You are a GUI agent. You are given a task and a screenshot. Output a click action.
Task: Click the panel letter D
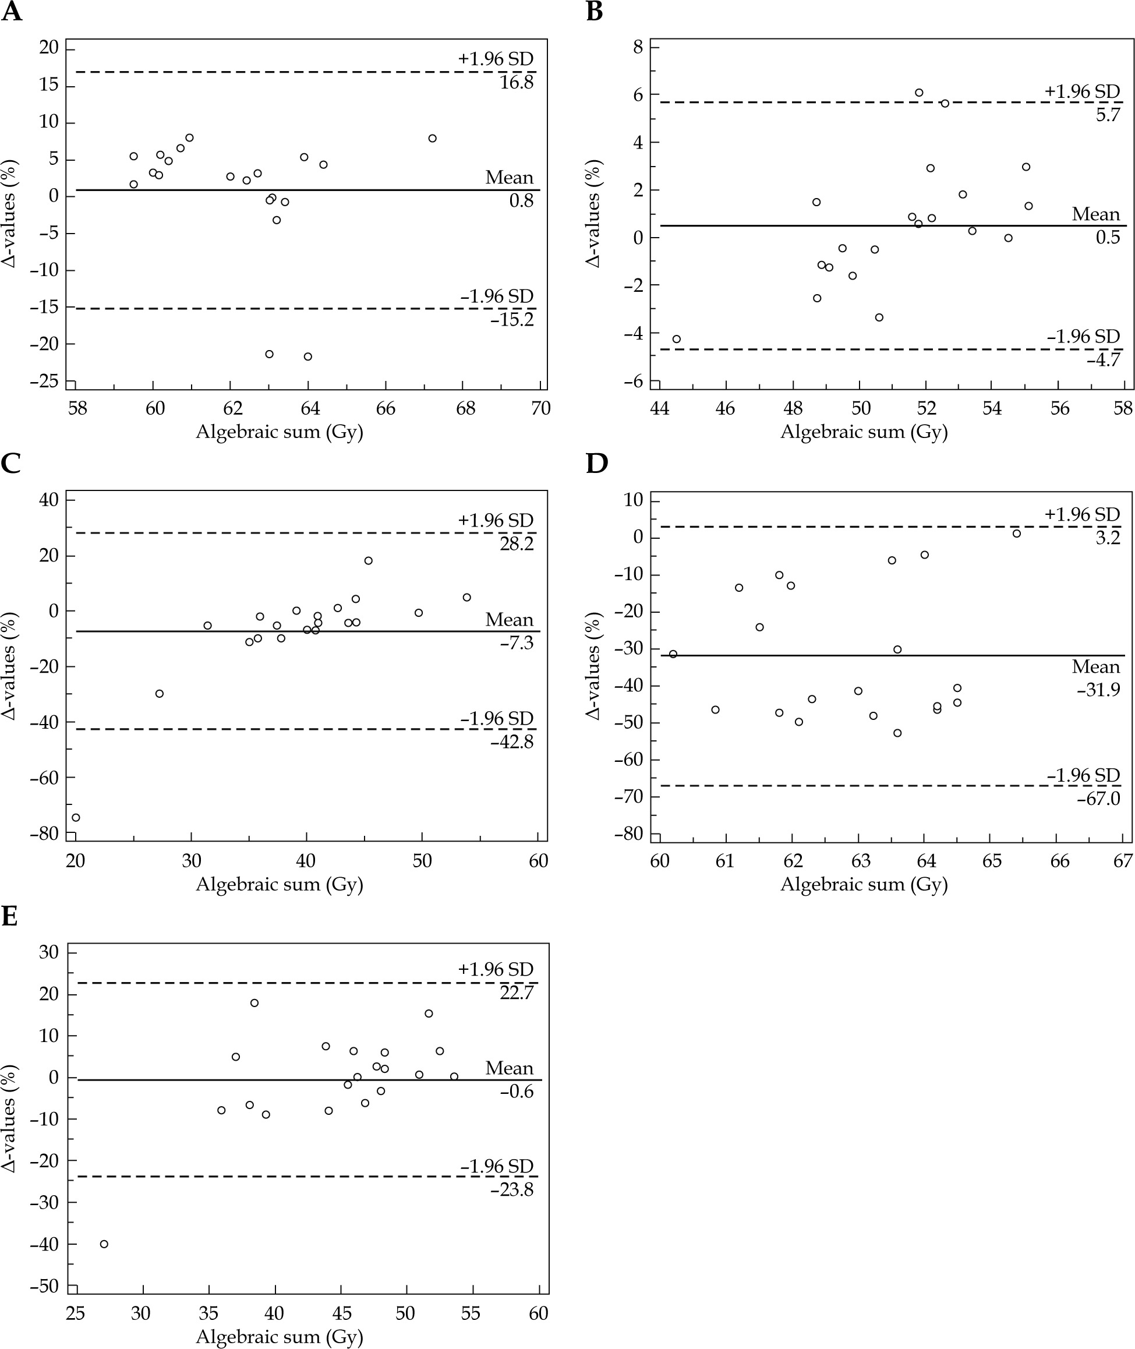pos(596,464)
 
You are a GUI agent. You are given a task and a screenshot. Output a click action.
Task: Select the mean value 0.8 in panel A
pos(521,201)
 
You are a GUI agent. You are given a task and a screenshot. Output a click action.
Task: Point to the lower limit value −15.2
pos(512,320)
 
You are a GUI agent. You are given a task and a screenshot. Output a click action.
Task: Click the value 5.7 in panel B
pos(1108,115)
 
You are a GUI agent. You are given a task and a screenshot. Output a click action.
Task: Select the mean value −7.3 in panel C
pos(517,643)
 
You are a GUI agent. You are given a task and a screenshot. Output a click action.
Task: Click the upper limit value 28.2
pos(517,545)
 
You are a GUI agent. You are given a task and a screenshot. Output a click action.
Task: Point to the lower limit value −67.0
pos(1098,799)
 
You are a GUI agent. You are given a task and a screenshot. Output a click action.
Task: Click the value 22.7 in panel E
pos(517,993)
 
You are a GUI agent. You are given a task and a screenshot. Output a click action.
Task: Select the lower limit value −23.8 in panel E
pos(512,1190)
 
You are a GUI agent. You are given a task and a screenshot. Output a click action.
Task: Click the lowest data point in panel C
pos(76,817)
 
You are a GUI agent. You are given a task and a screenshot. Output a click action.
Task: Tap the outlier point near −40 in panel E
pos(104,1244)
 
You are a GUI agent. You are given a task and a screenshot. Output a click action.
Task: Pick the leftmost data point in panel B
pos(676,339)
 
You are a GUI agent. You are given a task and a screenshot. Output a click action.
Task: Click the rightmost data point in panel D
pos(1017,534)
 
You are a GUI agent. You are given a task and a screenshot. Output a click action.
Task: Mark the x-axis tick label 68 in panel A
pos(465,409)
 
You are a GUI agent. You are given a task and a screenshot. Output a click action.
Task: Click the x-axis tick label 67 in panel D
pos(1123,862)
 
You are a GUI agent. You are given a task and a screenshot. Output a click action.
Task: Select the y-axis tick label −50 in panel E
pos(44,1286)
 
